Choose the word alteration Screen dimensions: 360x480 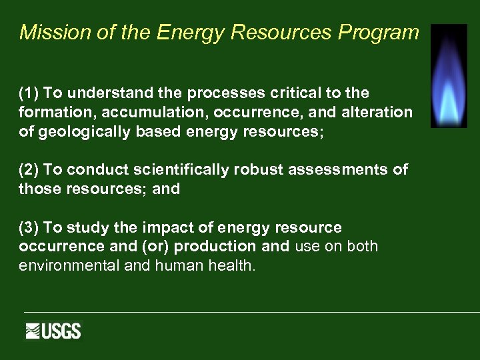point(377,113)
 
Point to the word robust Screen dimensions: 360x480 point(259,170)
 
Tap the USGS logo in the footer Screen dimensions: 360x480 point(53,331)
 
